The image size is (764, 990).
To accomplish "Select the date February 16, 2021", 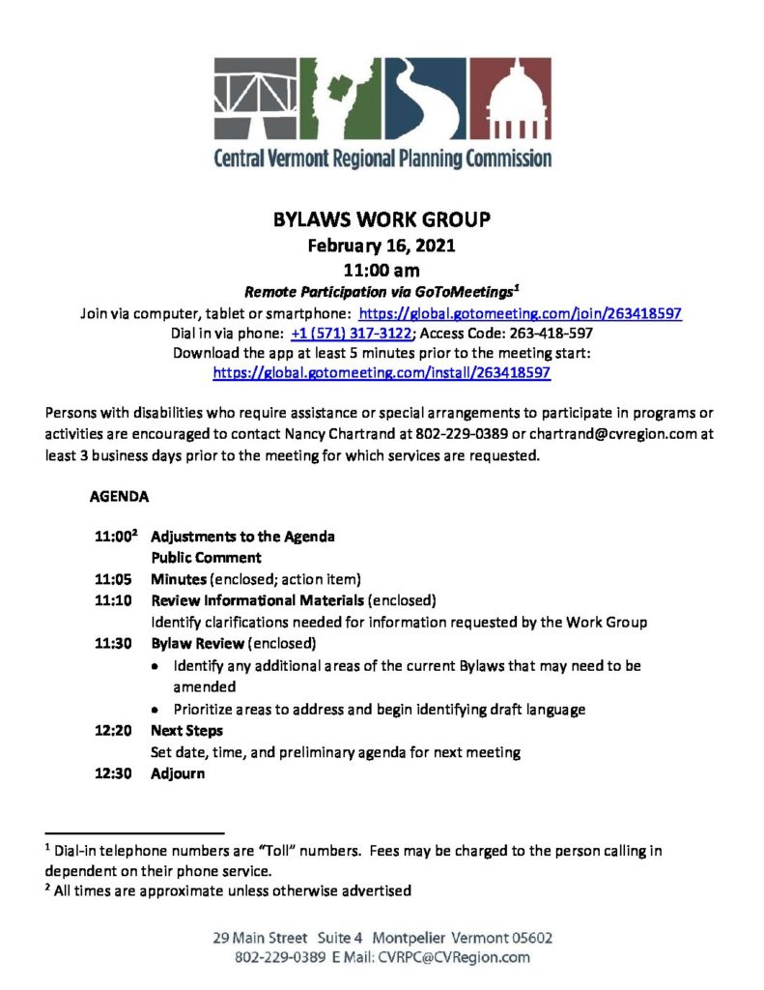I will (382, 246).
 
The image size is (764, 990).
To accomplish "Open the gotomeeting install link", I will (382, 371).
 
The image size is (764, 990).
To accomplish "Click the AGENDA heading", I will (119, 499).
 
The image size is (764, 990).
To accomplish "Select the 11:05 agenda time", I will (113, 579).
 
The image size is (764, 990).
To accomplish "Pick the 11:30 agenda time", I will (113, 643).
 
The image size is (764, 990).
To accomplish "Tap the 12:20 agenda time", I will (113, 731).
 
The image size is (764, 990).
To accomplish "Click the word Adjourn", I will (178, 773).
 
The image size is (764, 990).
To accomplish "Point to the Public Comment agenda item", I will (206, 558).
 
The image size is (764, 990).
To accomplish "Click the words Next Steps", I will (186, 731).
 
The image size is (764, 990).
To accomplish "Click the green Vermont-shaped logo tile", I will (338, 100).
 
